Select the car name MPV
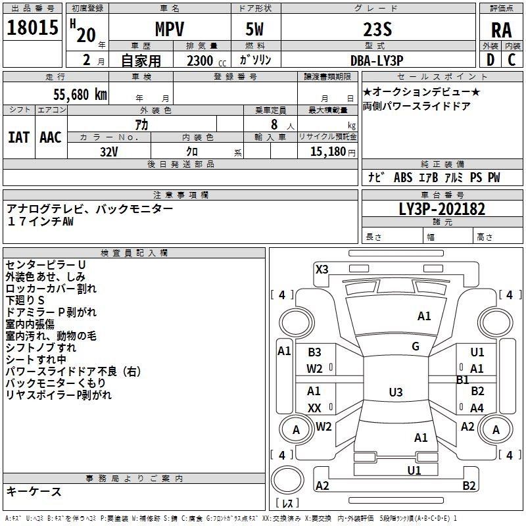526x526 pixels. coord(169,29)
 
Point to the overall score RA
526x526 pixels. coord(502,30)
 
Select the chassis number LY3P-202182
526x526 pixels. coord(442,209)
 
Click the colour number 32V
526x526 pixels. coord(109,151)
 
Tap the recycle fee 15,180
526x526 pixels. coord(327,151)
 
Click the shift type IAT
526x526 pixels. coord(19,137)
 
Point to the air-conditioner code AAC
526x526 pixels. coord(51,137)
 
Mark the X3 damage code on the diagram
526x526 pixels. coord(322,268)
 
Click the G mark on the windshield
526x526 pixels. coord(416,347)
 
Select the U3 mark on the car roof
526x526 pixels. coord(395,393)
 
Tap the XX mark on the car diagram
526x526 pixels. coord(314,408)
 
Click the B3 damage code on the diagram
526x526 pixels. coord(314,352)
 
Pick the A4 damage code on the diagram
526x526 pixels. coord(477,408)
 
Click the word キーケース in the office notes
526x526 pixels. coord(34,491)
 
